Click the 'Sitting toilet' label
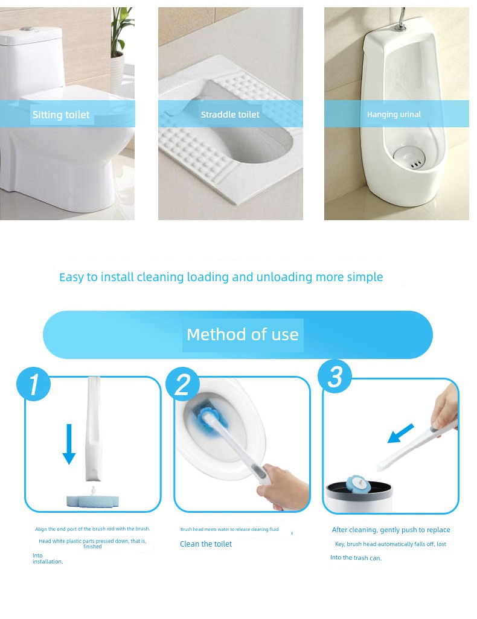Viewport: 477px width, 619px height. [x=61, y=115]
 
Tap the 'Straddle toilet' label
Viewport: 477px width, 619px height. [x=230, y=115]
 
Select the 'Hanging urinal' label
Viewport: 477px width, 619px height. [x=394, y=115]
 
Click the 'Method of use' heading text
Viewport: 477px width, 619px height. [x=242, y=334]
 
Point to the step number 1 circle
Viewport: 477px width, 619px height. [x=34, y=384]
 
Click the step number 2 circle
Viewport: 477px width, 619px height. [x=182, y=384]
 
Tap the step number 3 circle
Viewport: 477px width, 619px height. [x=335, y=376]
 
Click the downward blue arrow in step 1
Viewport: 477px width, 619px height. [x=69, y=444]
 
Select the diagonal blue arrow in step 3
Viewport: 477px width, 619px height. [x=400, y=433]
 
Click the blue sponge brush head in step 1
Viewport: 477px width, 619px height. [x=92, y=501]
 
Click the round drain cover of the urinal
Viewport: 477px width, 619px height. [x=411, y=157]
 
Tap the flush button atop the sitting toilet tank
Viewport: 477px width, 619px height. [x=26, y=29]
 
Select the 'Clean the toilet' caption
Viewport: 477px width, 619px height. [x=206, y=544]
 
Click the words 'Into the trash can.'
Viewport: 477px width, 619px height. [x=356, y=558]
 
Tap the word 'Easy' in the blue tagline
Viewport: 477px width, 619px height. [x=71, y=278]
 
